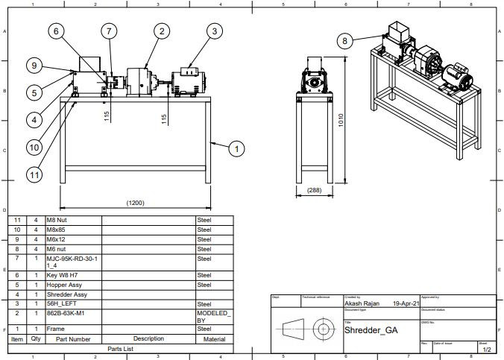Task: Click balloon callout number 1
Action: point(236,150)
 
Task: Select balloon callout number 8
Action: point(344,41)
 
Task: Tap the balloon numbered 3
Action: point(215,31)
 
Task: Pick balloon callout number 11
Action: point(34,175)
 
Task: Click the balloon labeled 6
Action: point(57,31)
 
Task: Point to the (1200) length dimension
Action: point(135,203)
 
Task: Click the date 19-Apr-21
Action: point(404,304)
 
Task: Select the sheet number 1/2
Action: point(486,349)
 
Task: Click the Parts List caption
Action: point(120,348)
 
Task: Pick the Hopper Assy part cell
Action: point(72,285)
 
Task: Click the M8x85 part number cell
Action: point(72,230)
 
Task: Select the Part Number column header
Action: point(72,338)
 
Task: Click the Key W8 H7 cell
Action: point(72,275)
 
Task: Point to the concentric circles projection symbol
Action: point(323,328)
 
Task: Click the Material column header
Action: point(214,338)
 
